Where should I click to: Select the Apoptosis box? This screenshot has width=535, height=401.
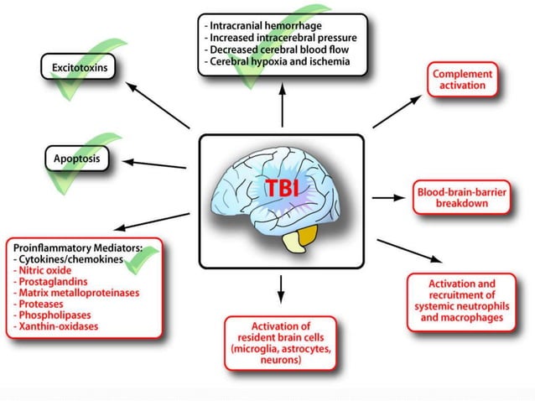pos(77,158)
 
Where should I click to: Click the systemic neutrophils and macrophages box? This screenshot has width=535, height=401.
pos(462,300)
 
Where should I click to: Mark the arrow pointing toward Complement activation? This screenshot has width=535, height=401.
pos(397,112)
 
